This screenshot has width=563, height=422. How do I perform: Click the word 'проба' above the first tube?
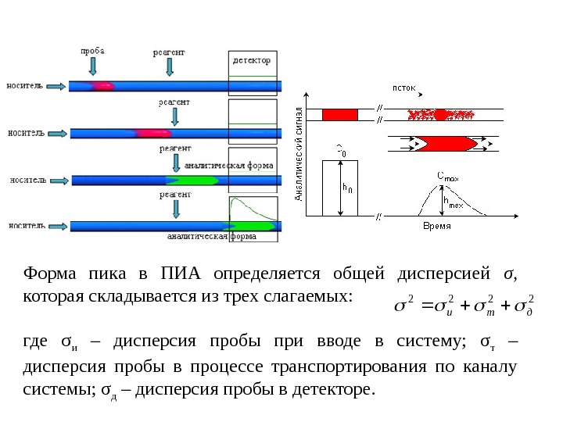point(92,52)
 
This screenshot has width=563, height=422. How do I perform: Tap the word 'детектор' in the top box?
point(253,59)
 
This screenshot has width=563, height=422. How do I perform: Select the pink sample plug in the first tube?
point(101,84)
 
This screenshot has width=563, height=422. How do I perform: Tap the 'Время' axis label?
point(436,226)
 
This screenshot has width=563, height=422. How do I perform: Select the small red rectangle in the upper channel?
point(340,115)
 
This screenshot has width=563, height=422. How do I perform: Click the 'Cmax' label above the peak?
point(448,179)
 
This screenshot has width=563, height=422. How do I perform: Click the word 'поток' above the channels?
point(403,88)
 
